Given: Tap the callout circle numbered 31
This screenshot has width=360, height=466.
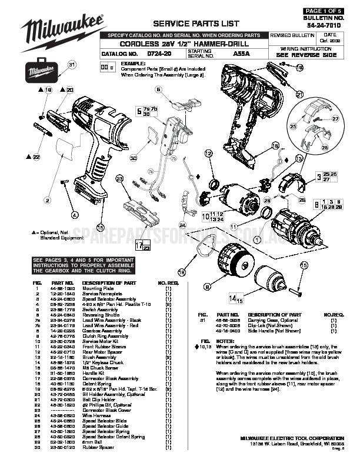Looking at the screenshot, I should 72,65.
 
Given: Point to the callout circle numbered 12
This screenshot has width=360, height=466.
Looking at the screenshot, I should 208,154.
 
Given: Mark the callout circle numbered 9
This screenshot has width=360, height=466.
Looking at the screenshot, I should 207,287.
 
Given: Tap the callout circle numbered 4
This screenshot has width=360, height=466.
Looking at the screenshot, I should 75,214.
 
